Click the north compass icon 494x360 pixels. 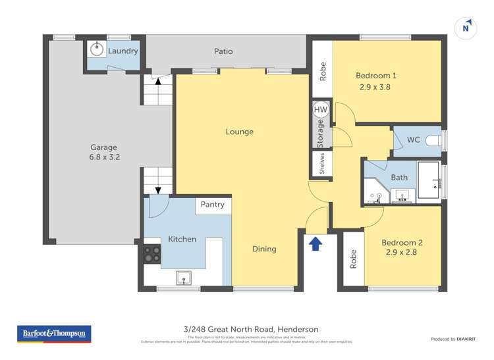pos(466,27)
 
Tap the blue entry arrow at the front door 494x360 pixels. pos(316,244)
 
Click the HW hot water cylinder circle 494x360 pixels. pos(321,110)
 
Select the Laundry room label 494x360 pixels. pos(123,51)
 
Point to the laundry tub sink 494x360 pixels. pos(97,49)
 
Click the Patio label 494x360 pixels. pos(223,51)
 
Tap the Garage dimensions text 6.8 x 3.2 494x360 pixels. pos(104,157)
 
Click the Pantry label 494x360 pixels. pos(213,205)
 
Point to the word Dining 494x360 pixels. pos(264,249)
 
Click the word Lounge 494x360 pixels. pos(240,132)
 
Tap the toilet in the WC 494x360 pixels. pos(433,140)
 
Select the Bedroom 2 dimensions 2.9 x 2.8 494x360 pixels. pos(402,253)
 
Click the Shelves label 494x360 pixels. pos(322,164)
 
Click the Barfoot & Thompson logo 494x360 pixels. pos(54,334)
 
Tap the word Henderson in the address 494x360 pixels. pos(298,329)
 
